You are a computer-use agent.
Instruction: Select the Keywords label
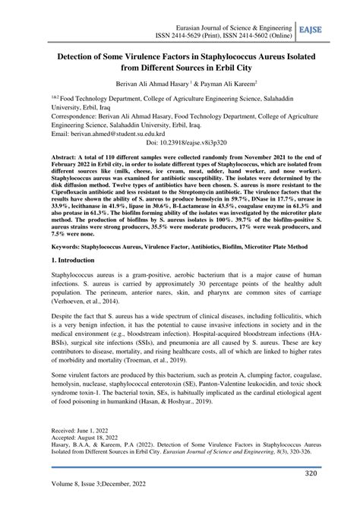(x=69, y=247)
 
